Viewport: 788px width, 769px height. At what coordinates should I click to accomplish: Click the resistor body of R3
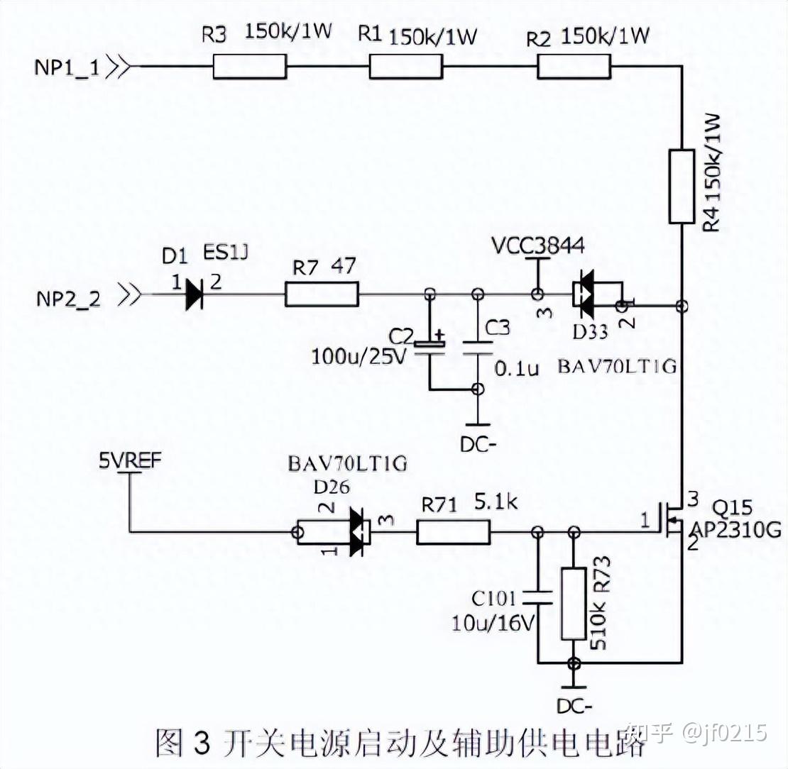coord(250,66)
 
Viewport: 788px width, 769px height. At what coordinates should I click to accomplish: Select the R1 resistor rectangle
coord(406,66)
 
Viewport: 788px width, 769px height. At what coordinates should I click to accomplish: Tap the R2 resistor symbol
coord(574,66)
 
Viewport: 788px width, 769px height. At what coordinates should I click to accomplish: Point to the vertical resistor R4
coord(682,186)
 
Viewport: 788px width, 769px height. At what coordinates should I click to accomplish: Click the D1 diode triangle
coord(194,294)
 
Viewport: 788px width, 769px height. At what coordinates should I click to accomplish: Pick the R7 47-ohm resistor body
coord(322,294)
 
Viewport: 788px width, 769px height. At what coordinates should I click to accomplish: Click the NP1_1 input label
coord(67,67)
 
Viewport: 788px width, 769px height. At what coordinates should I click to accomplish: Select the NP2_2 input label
coord(69,299)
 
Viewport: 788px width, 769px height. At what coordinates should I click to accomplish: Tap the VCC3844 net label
coord(538,246)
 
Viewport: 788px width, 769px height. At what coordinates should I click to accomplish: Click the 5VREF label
coord(130,460)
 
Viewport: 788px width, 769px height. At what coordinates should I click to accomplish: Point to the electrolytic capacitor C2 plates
coord(429,347)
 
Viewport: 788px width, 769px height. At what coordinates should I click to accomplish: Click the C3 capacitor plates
coord(478,348)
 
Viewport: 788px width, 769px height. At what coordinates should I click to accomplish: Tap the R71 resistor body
coord(454,532)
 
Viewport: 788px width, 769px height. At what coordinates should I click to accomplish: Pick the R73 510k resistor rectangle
coord(574,604)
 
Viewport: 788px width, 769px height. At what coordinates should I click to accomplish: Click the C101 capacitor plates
coord(537,597)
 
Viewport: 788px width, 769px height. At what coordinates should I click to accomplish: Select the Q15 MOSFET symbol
coord(669,522)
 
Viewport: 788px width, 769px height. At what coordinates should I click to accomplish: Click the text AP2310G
coord(736,529)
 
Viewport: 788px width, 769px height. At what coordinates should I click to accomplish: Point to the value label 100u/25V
coord(359,357)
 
